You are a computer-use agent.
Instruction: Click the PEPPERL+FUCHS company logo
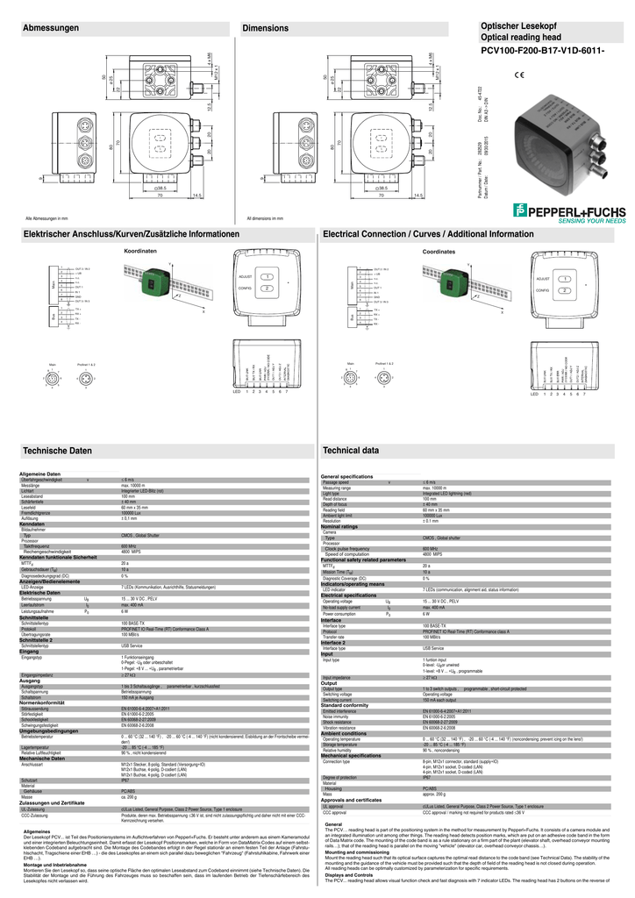(x=569, y=210)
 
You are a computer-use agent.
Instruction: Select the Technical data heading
(x=351, y=450)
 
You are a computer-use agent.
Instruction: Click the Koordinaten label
(x=139, y=252)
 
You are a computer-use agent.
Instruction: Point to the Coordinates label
(x=439, y=252)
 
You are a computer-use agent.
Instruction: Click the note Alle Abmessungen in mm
(x=46, y=217)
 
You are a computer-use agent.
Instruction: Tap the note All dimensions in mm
(x=268, y=217)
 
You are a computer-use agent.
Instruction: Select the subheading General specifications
(x=347, y=476)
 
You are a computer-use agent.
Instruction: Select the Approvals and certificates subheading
(x=352, y=775)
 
